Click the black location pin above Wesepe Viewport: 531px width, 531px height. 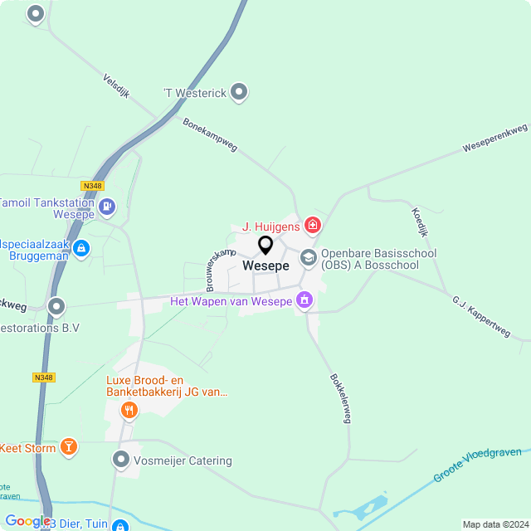click(x=265, y=246)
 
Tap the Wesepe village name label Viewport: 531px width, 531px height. click(x=265, y=266)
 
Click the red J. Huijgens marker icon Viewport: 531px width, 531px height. click(x=313, y=225)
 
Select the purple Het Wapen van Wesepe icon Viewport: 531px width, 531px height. click(x=304, y=300)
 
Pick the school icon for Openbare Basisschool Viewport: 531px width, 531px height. click(x=309, y=258)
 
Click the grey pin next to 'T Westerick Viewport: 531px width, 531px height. click(x=239, y=92)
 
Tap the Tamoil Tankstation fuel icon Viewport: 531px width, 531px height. click(x=106, y=206)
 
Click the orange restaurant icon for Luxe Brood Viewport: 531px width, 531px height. click(x=129, y=409)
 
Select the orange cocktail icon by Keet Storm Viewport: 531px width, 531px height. click(x=68, y=448)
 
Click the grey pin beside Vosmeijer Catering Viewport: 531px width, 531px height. click(x=121, y=459)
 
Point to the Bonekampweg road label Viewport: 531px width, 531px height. click(x=210, y=134)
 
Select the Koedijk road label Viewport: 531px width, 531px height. click(x=420, y=222)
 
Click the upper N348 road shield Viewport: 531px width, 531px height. click(x=92, y=186)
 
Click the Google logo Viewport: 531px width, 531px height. click(x=27, y=521)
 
